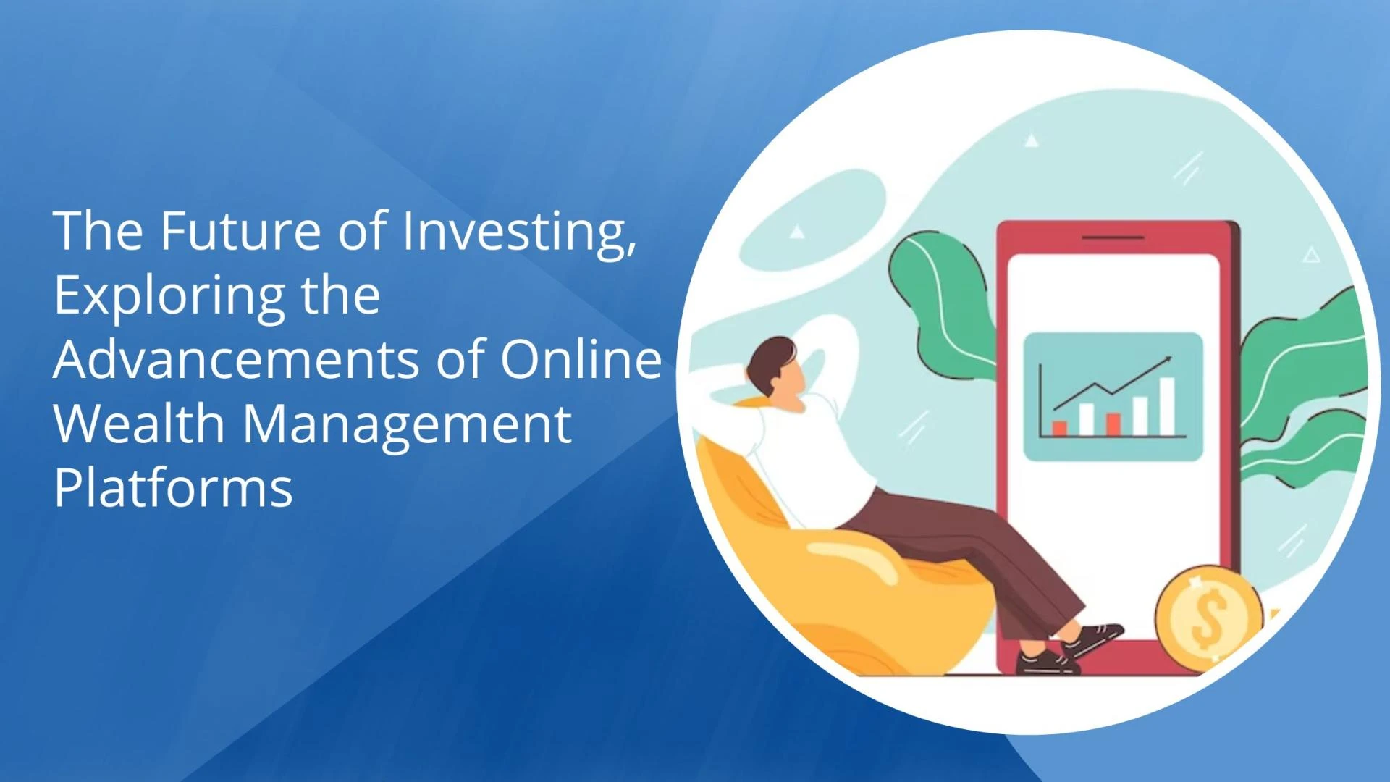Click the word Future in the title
[240, 230]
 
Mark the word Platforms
[174, 487]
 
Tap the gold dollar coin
[1208, 618]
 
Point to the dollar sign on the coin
[1208, 617]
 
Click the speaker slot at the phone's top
[1113, 237]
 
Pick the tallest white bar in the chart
[1166, 406]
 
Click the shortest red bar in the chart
[1059, 428]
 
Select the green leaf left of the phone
[941, 304]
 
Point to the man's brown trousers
[970, 550]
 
